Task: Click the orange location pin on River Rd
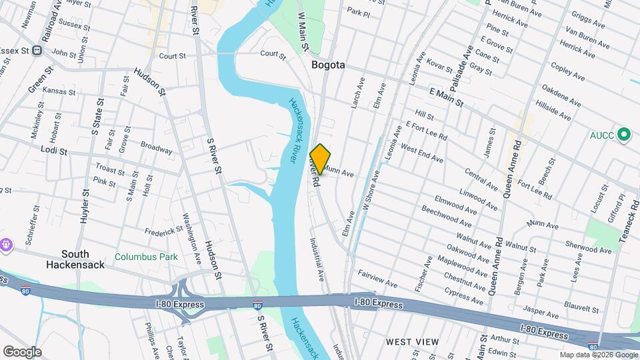(x=320, y=159)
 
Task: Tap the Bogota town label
(x=329, y=65)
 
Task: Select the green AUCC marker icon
(x=625, y=135)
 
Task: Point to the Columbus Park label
(x=146, y=256)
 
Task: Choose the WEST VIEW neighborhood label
(x=413, y=342)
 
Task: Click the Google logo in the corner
(x=22, y=351)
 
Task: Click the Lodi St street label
(x=54, y=151)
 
